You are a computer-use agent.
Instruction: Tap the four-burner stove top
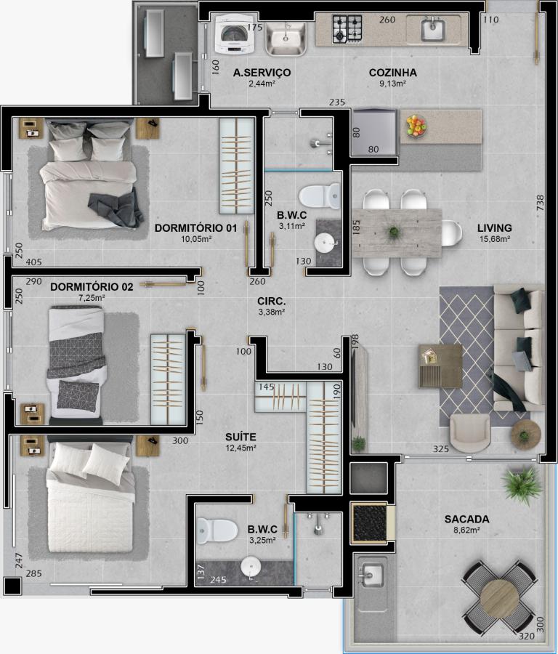pyautogui.click(x=347, y=29)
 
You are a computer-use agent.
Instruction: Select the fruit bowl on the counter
pyautogui.click(x=416, y=125)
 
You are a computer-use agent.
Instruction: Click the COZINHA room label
pyautogui.click(x=393, y=73)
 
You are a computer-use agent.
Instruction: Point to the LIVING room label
pyautogui.click(x=495, y=228)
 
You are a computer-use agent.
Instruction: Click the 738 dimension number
pyautogui.click(x=540, y=203)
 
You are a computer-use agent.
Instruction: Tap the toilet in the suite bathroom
pyautogui.click(x=217, y=530)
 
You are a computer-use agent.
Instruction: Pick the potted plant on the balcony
pyautogui.click(x=522, y=485)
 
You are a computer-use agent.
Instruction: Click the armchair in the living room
pyautogui.click(x=470, y=432)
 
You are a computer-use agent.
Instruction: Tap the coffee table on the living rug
pyautogui.click(x=441, y=366)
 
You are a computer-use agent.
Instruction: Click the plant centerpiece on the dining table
pyautogui.click(x=394, y=232)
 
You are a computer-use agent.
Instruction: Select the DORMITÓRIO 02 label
pyautogui.click(x=92, y=287)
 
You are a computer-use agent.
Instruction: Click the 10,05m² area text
pyautogui.click(x=195, y=239)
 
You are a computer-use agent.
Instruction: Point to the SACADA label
pyautogui.click(x=466, y=520)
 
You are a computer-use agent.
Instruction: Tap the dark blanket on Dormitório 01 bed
pyautogui.click(x=116, y=208)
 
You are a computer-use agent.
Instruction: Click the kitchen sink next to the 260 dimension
pyautogui.click(x=433, y=29)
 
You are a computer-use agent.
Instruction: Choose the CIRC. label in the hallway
pyautogui.click(x=271, y=301)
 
